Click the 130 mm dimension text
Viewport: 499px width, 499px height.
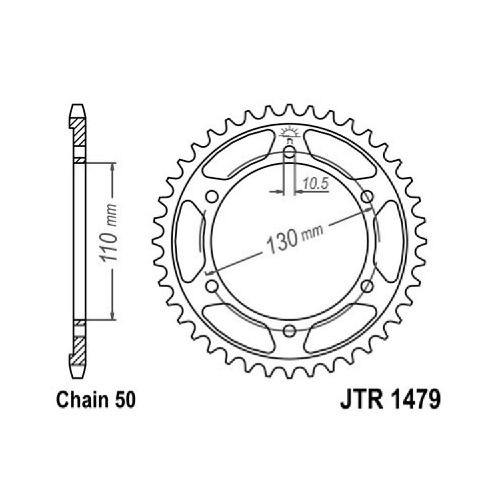click(294, 238)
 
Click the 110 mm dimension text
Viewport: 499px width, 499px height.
click(108, 233)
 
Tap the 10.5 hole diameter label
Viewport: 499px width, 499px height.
click(315, 184)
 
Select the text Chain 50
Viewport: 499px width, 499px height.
click(96, 400)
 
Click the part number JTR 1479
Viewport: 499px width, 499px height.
click(391, 400)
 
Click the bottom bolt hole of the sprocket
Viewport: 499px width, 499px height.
click(289, 331)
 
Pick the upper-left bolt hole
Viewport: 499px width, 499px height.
click(212, 197)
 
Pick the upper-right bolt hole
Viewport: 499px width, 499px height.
click(367, 197)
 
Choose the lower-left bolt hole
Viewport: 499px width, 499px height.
click(212, 286)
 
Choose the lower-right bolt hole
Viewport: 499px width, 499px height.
click(367, 286)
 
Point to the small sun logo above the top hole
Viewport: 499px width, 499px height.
click(289, 134)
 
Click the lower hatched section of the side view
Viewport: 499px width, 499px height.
click(79, 351)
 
